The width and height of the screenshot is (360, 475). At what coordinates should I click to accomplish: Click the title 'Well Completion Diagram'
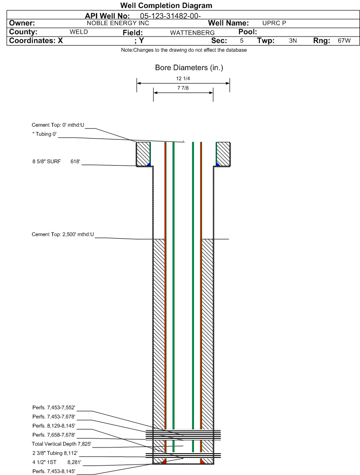point(166,5)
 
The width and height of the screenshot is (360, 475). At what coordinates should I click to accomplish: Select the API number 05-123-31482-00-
point(170,16)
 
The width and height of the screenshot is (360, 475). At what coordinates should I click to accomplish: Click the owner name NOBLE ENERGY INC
point(118,23)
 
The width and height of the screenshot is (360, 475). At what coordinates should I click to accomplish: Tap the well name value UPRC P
point(274,23)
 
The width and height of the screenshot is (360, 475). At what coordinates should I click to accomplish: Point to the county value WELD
point(79,32)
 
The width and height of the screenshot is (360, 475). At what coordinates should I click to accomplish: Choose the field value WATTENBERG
point(192,33)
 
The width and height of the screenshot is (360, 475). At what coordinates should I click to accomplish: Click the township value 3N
point(293,41)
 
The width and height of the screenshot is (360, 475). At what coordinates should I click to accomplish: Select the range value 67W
point(344,41)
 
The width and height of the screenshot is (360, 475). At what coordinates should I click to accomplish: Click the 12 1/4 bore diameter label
point(183,78)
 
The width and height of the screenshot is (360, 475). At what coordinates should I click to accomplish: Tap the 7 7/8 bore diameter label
point(183,88)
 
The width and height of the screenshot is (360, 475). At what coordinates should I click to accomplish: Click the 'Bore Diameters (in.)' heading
point(189,67)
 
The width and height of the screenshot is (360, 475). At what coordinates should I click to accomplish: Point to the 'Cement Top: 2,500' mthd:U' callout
point(63,234)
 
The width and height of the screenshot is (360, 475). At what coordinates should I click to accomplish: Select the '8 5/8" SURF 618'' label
point(56,161)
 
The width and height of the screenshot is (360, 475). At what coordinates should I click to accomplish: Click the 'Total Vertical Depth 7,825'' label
point(62,444)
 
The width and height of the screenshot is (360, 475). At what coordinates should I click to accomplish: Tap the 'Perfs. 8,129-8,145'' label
point(54,426)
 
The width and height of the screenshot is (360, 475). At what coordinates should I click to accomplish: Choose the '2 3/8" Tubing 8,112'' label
point(55,453)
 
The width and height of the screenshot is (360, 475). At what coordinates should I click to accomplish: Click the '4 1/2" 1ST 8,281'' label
point(56,462)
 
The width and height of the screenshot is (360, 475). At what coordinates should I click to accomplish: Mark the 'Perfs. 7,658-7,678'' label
point(54,435)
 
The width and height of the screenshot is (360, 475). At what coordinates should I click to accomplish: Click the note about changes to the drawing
point(184,50)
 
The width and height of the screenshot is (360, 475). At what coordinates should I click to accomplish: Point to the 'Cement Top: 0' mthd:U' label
point(58,125)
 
